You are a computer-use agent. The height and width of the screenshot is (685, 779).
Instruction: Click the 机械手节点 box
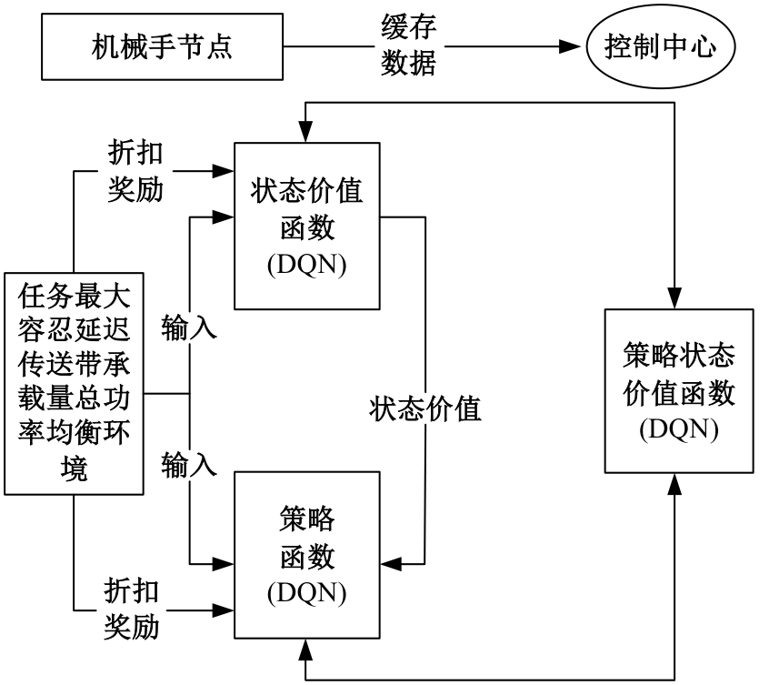[162, 46]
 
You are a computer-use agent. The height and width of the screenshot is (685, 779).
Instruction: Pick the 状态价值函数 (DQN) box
[307, 227]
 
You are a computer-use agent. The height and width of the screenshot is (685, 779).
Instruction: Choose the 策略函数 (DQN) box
[307, 555]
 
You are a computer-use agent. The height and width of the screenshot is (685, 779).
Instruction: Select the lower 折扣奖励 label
[132, 607]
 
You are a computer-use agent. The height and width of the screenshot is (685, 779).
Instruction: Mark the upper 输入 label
[190, 327]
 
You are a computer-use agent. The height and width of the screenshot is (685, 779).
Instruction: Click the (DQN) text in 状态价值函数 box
[307, 265]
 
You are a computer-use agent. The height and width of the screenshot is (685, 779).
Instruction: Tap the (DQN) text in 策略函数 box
[307, 592]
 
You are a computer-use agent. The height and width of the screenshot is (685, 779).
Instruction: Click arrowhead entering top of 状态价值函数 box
[307, 135]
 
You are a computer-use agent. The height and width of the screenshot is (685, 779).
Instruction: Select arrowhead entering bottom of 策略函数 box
[307, 647]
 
